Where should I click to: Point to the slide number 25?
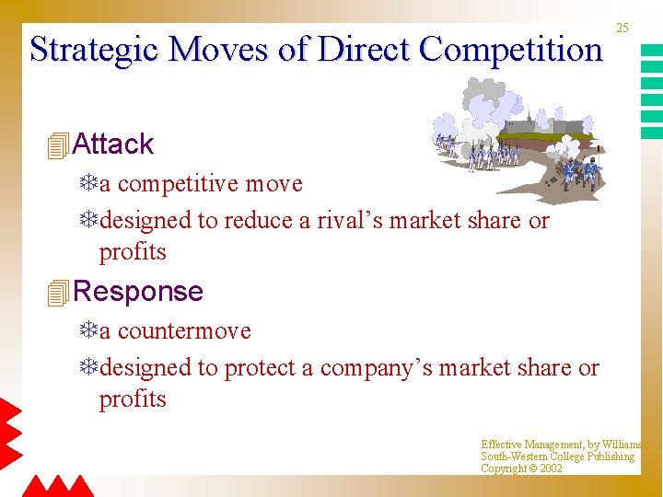click(622, 29)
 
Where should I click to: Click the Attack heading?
click(112, 144)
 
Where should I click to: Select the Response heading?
click(137, 292)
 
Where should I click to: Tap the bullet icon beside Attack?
click(57, 144)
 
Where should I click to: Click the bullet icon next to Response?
click(57, 292)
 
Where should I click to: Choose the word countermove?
click(184, 331)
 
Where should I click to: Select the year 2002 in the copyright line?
click(551, 468)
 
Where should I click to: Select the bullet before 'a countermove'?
click(88, 331)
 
